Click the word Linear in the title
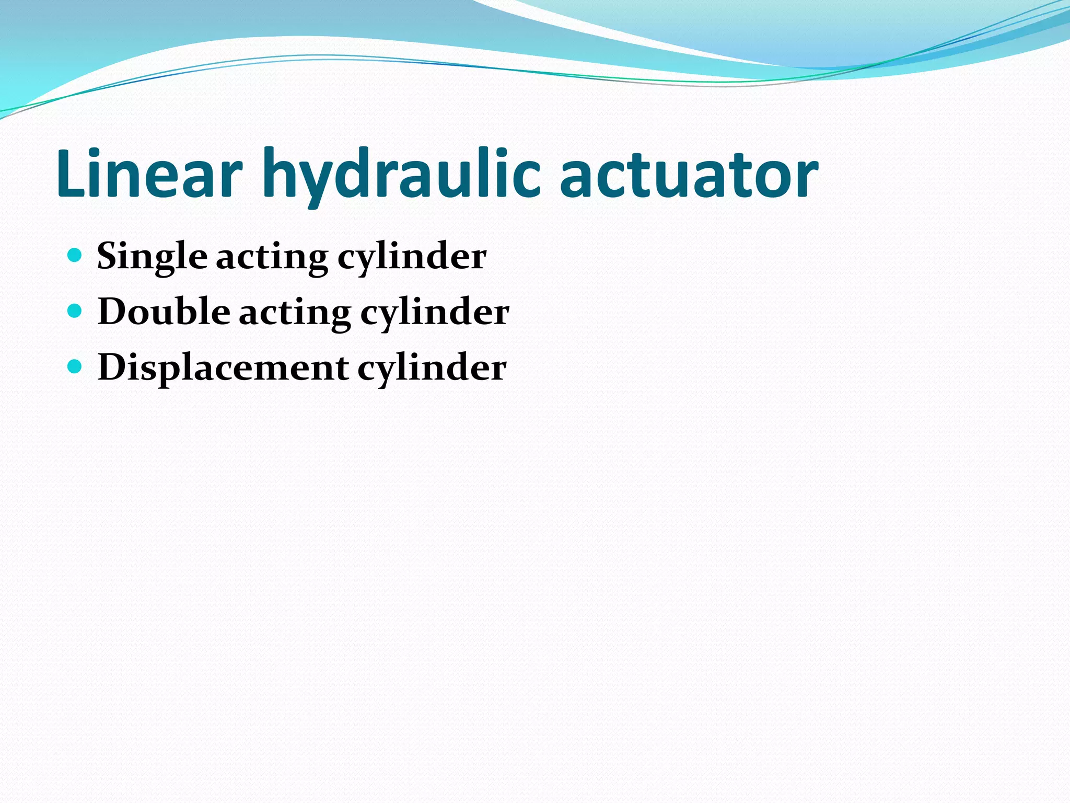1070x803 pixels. click(x=149, y=174)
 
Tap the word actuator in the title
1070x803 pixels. click(x=689, y=174)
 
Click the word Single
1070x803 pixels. click(x=152, y=257)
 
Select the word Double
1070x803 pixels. click(x=164, y=312)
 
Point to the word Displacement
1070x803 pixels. click(x=223, y=368)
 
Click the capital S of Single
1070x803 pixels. click(x=108, y=256)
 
